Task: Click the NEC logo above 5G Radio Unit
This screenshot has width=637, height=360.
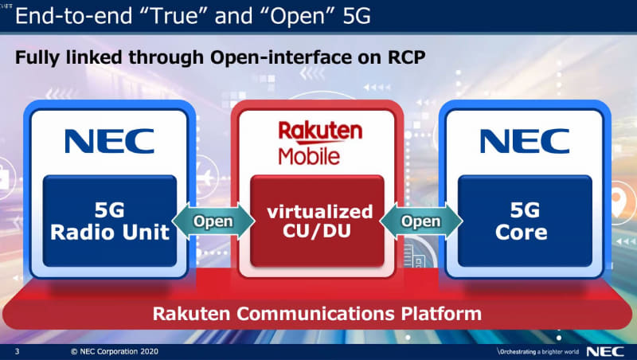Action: [109, 141]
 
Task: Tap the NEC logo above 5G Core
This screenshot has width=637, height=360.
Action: [525, 141]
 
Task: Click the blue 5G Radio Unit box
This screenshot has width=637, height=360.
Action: [109, 221]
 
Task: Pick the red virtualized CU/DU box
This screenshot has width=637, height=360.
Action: [318, 221]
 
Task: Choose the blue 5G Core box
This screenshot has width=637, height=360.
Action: [525, 221]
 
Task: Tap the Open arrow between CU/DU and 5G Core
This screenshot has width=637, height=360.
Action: [421, 221]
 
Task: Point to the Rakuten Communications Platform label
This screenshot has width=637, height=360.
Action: [317, 313]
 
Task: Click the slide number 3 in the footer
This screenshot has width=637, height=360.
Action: [17, 351]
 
